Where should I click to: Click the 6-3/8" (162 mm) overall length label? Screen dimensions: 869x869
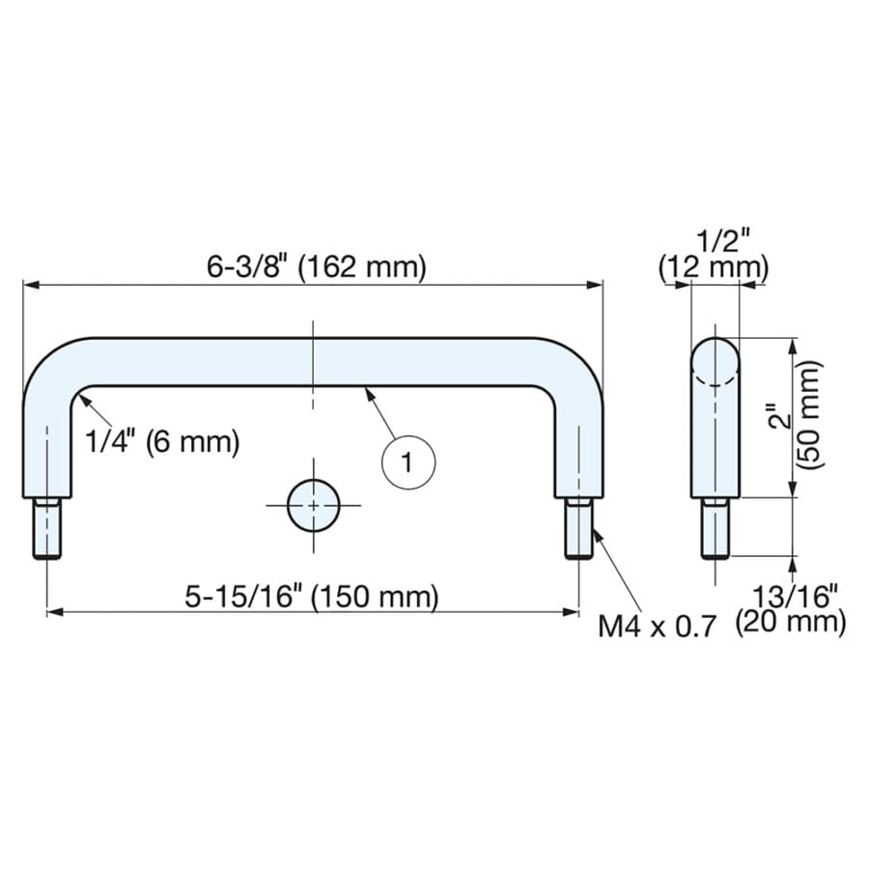click(x=317, y=266)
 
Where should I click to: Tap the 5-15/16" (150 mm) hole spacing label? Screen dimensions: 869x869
click(x=312, y=597)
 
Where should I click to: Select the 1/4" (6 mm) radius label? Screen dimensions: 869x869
click(x=162, y=441)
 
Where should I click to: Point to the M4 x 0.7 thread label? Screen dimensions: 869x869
click(x=658, y=627)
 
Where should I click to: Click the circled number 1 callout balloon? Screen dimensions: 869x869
click(x=407, y=462)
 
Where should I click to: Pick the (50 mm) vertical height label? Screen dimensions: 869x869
click(x=811, y=415)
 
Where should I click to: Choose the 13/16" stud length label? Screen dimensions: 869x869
click(x=794, y=597)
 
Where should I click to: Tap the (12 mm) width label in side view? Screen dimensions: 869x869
click(x=714, y=268)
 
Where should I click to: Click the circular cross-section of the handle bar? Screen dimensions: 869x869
click(x=314, y=505)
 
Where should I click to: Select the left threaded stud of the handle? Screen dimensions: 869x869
click(x=47, y=528)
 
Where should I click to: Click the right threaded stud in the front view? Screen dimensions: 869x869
click(x=579, y=528)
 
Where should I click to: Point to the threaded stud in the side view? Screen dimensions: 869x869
click(x=715, y=528)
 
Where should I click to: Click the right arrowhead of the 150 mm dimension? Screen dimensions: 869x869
click(x=572, y=612)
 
